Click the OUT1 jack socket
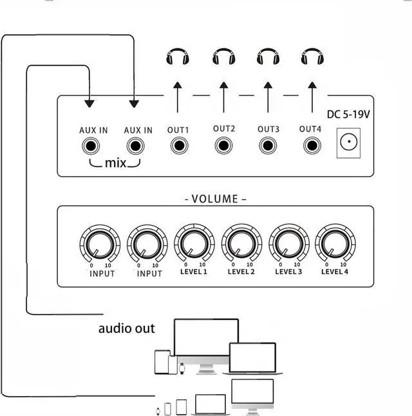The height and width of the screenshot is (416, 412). tap(179, 146)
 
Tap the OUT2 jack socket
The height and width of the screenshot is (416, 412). tap(223, 145)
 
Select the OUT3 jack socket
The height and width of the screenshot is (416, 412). tap(268, 146)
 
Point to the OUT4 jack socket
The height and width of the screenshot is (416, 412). tap(312, 146)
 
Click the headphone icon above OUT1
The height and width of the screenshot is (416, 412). tap(178, 58)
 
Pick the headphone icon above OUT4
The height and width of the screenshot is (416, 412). tap(312, 58)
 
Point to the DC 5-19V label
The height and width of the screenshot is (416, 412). tap(349, 114)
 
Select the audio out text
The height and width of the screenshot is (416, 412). tap(127, 328)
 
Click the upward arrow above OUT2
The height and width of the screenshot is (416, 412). tap(223, 97)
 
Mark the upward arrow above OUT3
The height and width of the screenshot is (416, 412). tap(268, 97)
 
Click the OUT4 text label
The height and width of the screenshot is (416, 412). tap(310, 129)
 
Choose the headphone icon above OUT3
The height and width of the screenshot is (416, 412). tap(268, 58)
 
